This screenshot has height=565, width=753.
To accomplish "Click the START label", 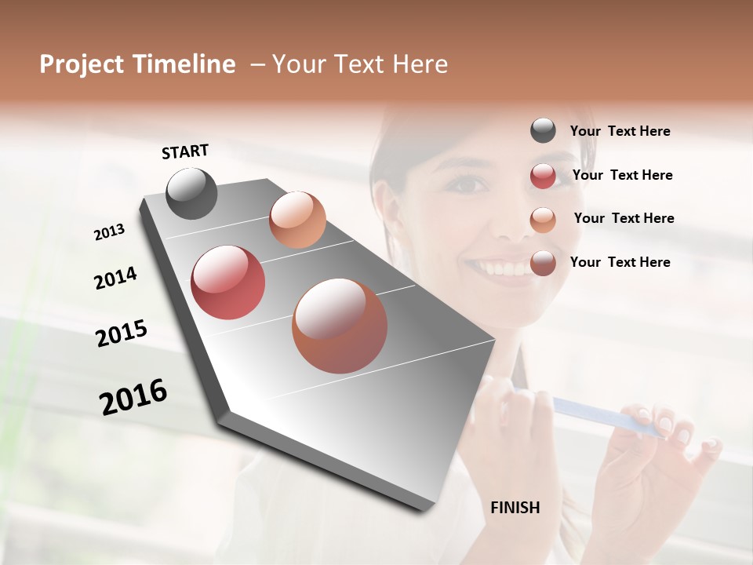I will [185, 151].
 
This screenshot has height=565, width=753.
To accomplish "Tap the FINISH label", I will [515, 508].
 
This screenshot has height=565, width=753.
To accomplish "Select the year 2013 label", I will [110, 232].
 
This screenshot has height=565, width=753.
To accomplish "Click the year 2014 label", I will [115, 278].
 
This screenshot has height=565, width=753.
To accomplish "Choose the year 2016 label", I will [133, 397].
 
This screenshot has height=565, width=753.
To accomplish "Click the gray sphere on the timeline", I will [191, 193].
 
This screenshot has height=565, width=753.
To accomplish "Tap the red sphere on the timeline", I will [227, 282].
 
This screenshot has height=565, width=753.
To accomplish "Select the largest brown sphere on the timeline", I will [340, 326].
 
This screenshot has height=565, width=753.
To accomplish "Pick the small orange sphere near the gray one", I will [297, 220].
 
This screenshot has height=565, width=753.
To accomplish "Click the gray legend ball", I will [543, 130].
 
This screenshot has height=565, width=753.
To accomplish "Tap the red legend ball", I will [543, 176].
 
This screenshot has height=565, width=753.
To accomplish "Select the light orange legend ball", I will [543, 220].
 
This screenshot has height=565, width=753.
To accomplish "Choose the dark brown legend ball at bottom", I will [543, 263].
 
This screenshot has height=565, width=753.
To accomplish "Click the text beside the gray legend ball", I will [620, 132].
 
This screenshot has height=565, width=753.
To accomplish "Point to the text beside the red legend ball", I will [622, 175].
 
